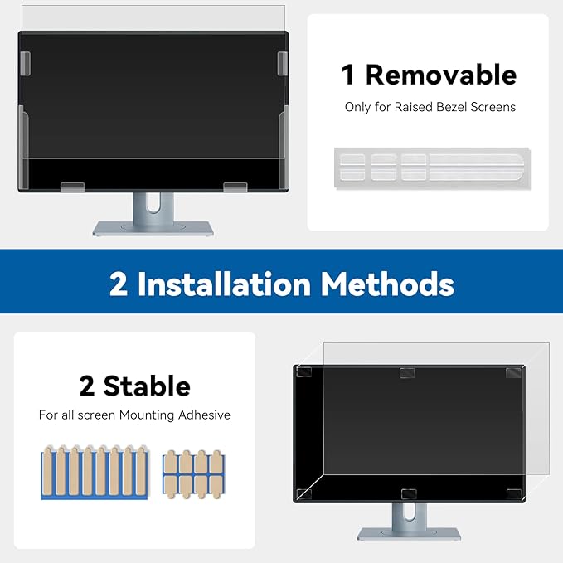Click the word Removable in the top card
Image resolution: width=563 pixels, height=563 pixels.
click(440, 75)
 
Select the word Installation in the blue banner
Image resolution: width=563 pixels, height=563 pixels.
click(224, 284)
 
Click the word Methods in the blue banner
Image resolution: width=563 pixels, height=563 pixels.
click(387, 284)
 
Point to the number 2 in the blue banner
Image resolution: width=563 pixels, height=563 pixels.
click(119, 284)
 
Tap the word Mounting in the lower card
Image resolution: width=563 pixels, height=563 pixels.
click(141, 415)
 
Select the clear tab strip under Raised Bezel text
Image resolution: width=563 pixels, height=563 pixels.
click(431, 164)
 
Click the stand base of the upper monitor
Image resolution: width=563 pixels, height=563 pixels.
click(153, 228)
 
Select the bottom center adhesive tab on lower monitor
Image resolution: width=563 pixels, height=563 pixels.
click(407, 494)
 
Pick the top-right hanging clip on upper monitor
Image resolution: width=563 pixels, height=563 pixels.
click(283, 61)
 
